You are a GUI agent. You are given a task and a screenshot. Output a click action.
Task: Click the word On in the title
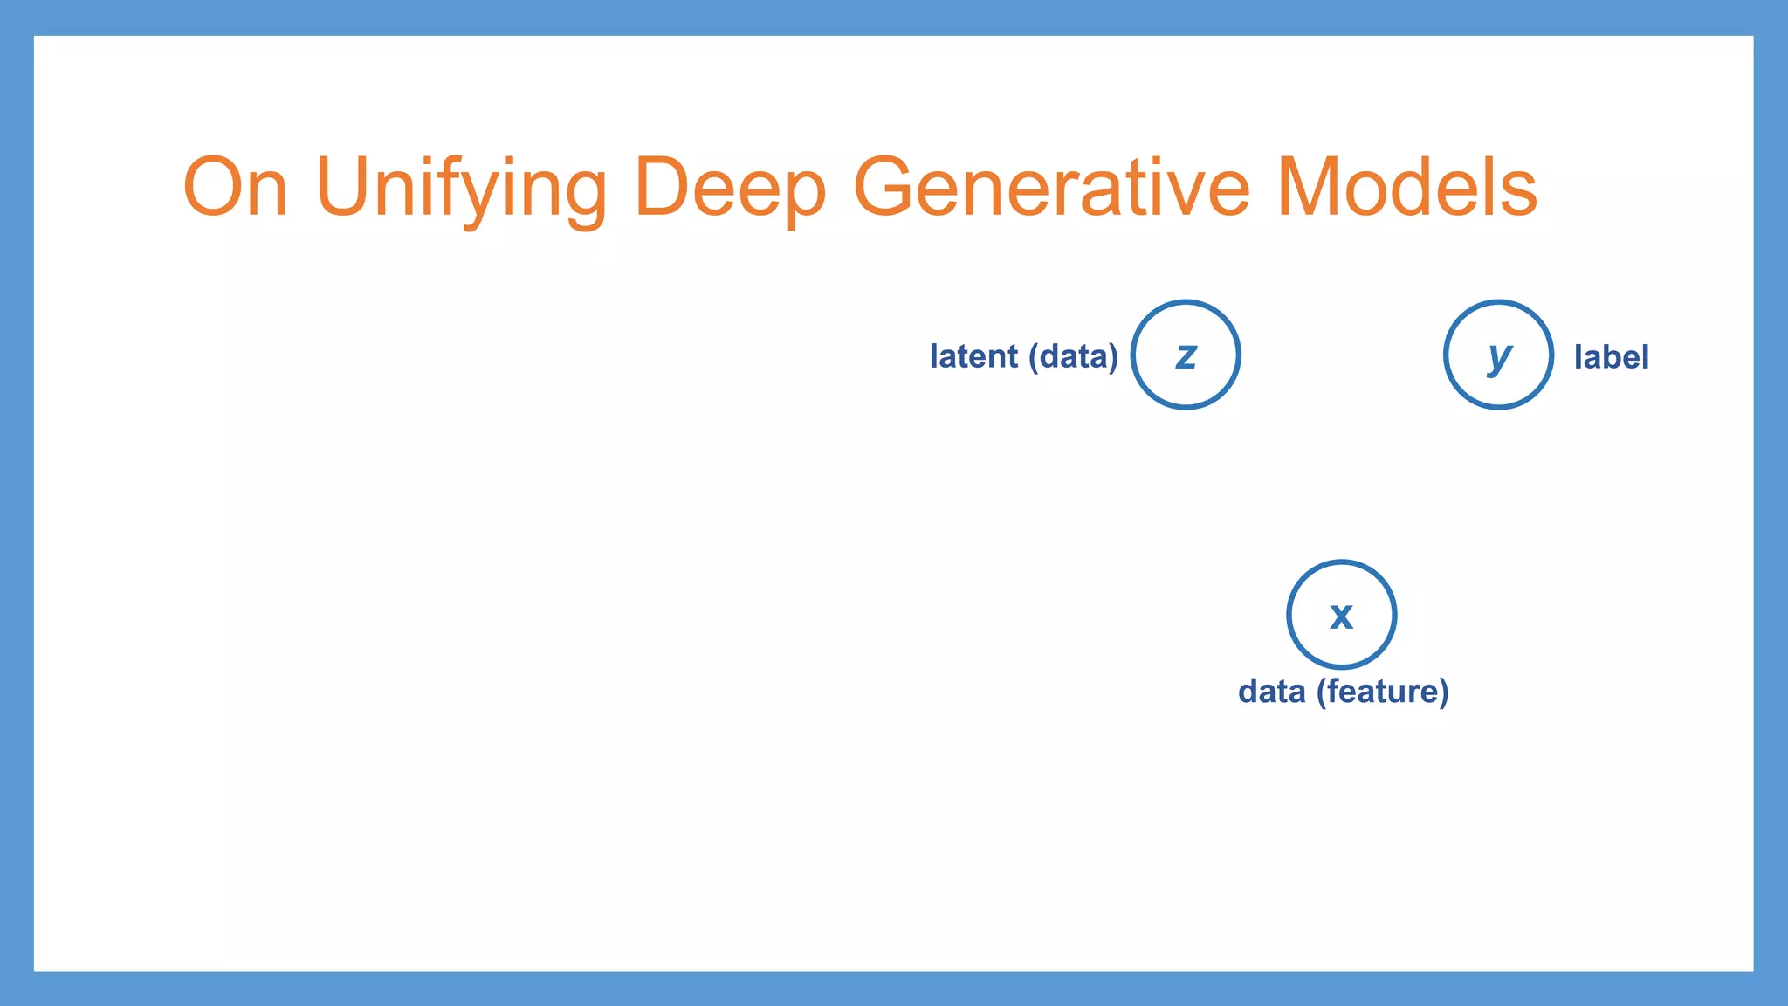[235, 187]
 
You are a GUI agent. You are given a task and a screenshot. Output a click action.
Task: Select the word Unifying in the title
[461, 189]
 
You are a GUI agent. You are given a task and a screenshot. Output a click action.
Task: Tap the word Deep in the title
[730, 189]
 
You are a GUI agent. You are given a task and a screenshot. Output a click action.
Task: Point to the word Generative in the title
[1051, 187]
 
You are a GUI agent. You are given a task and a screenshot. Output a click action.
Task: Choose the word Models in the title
[1406, 187]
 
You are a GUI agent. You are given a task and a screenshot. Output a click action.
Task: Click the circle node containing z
[1186, 355]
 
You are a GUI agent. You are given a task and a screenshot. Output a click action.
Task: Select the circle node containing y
[1498, 355]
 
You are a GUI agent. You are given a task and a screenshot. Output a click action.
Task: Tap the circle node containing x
[1341, 615]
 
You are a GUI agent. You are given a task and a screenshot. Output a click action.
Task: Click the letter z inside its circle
[1186, 356]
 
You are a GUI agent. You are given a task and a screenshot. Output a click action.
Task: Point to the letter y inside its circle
[1499, 356]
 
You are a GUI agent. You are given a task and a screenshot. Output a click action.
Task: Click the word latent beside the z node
[973, 356]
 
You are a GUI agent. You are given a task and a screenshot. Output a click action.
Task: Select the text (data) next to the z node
[1073, 357]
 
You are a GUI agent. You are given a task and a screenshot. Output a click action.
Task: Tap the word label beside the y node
[1611, 357]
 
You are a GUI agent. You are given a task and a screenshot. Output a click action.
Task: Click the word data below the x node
[1271, 692]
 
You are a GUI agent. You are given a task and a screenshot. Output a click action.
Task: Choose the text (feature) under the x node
[1383, 692]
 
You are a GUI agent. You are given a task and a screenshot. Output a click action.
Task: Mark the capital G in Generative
[887, 187]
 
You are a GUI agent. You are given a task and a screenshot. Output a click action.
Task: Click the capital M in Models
[1310, 187]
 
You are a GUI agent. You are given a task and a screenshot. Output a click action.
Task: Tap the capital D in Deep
[664, 187]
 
